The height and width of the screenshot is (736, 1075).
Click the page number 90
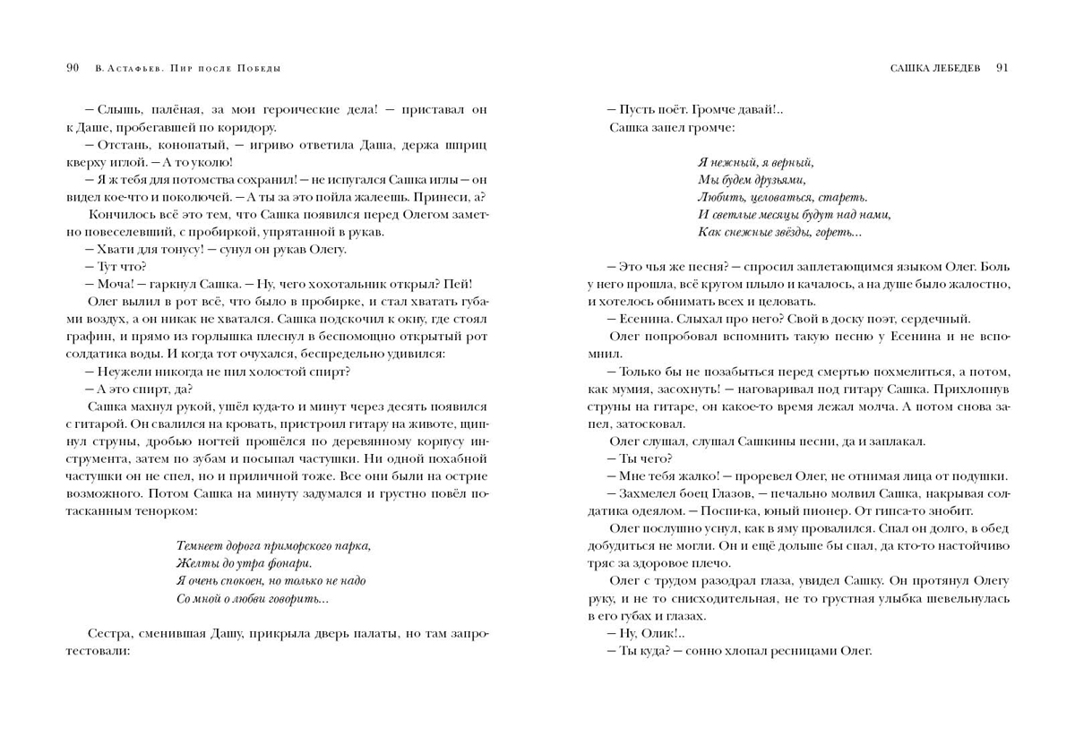(x=73, y=67)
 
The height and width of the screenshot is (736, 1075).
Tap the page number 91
(x=1002, y=67)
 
